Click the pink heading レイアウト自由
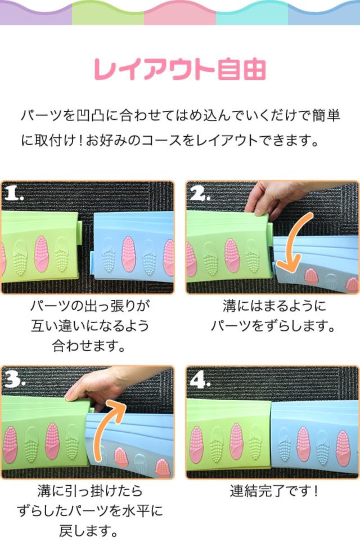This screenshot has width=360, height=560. (x=180, y=69)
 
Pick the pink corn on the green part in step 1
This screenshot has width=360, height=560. (x=42, y=254)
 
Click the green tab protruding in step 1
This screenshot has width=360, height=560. (x=80, y=227)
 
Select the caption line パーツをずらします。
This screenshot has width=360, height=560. (x=273, y=326)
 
